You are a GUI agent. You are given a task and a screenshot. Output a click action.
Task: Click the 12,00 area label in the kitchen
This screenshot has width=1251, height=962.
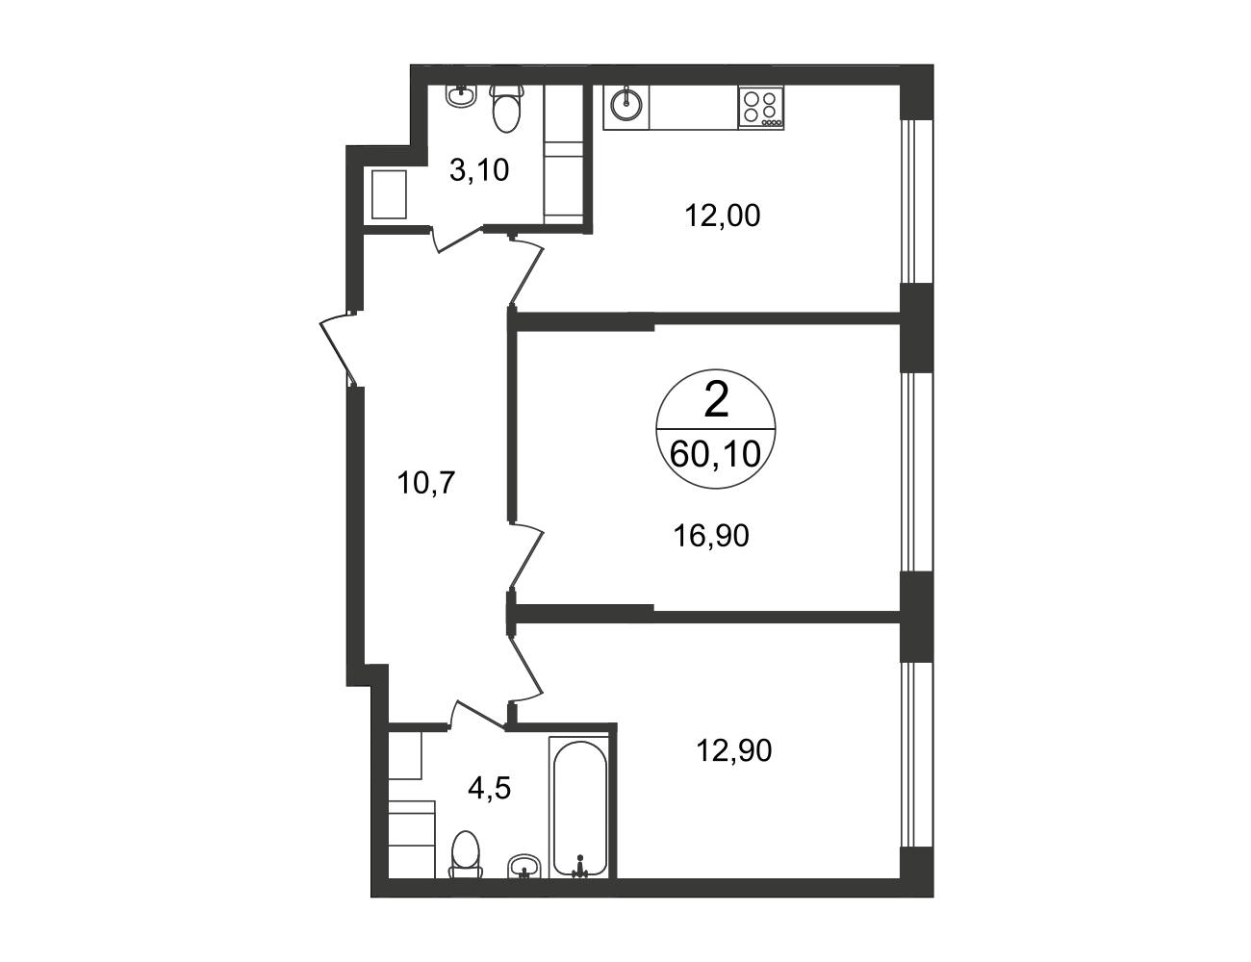pyautogui.click(x=723, y=216)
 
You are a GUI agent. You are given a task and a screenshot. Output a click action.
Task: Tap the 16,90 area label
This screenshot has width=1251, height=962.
pyautogui.click(x=711, y=536)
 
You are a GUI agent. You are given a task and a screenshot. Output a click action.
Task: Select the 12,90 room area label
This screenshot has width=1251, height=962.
pyautogui.click(x=734, y=750)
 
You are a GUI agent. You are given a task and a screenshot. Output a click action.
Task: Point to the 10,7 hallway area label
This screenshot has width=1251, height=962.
pyautogui.click(x=426, y=483)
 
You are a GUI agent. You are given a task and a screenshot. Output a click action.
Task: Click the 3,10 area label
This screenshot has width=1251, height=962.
pyautogui.click(x=479, y=170)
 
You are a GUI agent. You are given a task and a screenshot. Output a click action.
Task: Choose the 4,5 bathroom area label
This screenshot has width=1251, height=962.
pyautogui.click(x=490, y=788)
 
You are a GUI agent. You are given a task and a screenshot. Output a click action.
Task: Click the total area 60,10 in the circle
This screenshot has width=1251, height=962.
pyautogui.click(x=716, y=454)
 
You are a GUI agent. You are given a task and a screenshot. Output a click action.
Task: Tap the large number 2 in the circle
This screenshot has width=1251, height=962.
pyautogui.click(x=717, y=400)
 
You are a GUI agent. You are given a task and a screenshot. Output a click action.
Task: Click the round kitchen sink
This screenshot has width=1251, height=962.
pyautogui.click(x=626, y=107)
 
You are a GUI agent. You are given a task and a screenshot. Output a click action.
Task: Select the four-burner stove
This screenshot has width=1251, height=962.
pyautogui.click(x=760, y=108)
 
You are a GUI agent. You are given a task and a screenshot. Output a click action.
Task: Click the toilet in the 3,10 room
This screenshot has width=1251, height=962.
pyautogui.click(x=507, y=109)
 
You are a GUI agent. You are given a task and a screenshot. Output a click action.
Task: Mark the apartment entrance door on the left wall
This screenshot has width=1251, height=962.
pyautogui.click(x=339, y=349)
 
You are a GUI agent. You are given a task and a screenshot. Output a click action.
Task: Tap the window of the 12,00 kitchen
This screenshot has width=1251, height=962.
pyautogui.click(x=915, y=201)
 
